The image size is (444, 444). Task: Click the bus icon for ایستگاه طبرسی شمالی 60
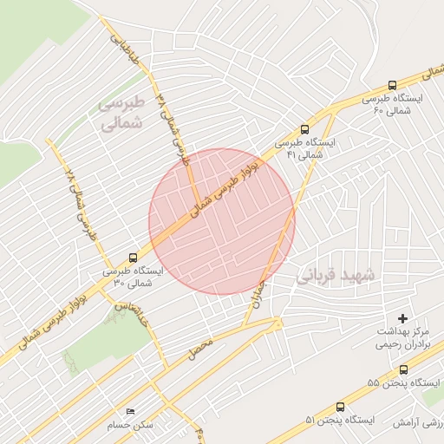coord(393,86)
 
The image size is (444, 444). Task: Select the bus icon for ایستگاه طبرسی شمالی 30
coord(133,258)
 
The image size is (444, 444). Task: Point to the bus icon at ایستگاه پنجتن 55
coord(403,369)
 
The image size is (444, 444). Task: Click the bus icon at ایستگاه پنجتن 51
coord(340,406)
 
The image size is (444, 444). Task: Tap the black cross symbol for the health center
coord(402,318)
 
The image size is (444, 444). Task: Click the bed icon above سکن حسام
coord(131,411)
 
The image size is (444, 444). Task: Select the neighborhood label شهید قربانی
coord(336,276)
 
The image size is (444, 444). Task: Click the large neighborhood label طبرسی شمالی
coord(119,114)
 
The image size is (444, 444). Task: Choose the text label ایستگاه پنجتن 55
coord(403,382)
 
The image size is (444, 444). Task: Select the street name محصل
coord(200,349)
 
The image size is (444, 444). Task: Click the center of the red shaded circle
coord(222,221)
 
